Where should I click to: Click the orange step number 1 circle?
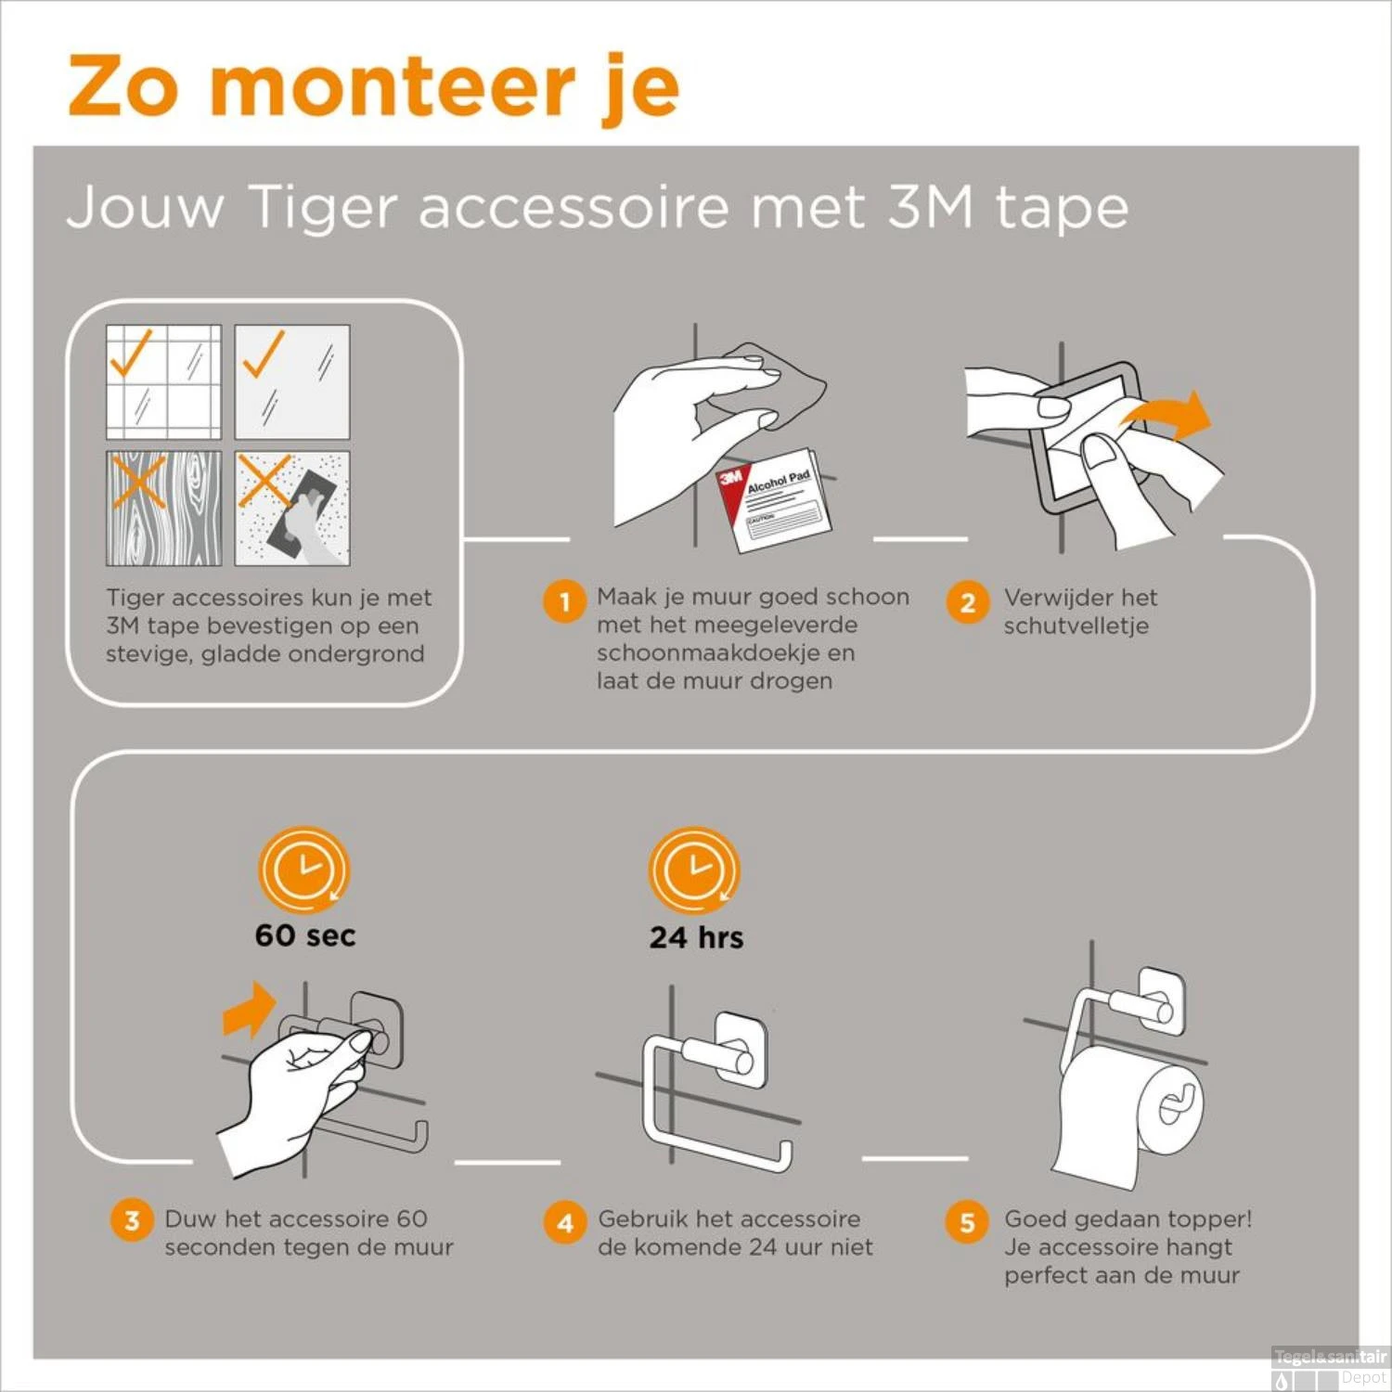[564, 601]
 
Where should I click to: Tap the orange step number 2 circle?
[967, 602]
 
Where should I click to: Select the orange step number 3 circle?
[132, 1219]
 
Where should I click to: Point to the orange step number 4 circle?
[565, 1222]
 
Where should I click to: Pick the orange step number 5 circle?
[967, 1222]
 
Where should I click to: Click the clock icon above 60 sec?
[303, 870]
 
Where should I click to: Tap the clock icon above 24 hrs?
[694, 870]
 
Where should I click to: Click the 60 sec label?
[305, 935]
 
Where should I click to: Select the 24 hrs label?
[696, 937]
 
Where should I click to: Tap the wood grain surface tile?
[163, 509]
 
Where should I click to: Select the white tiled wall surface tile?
[163, 381]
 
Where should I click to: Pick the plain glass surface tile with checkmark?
[292, 381]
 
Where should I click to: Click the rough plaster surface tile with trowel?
[292, 509]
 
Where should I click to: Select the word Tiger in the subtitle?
[323, 207]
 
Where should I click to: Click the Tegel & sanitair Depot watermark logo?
[1329, 1367]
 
